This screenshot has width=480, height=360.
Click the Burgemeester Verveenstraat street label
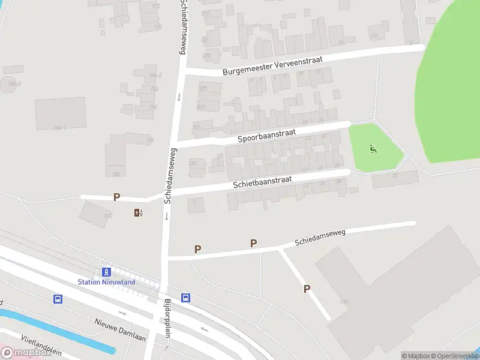(x=272, y=65)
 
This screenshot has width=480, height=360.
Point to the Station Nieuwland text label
(x=106, y=282)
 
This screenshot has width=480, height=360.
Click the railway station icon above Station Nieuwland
(x=106, y=272)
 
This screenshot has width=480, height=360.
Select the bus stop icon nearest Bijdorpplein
(x=186, y=298)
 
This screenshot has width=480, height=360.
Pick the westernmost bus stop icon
(x=58, y=299)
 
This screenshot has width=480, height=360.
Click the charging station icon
(x=139, y=212)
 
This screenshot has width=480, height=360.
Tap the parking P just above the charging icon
(x=117, y=197)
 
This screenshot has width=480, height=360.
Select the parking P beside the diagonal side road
(x=307, y=289)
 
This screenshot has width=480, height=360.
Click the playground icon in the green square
(x=373, y=149)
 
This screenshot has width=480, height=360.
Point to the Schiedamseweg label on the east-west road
(x=320, y=236)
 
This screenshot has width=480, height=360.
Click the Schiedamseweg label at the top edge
(x=182, y=27)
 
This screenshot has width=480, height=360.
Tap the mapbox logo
(x=27, y=353)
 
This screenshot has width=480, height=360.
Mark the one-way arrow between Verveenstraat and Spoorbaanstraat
(x=179, y=97)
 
